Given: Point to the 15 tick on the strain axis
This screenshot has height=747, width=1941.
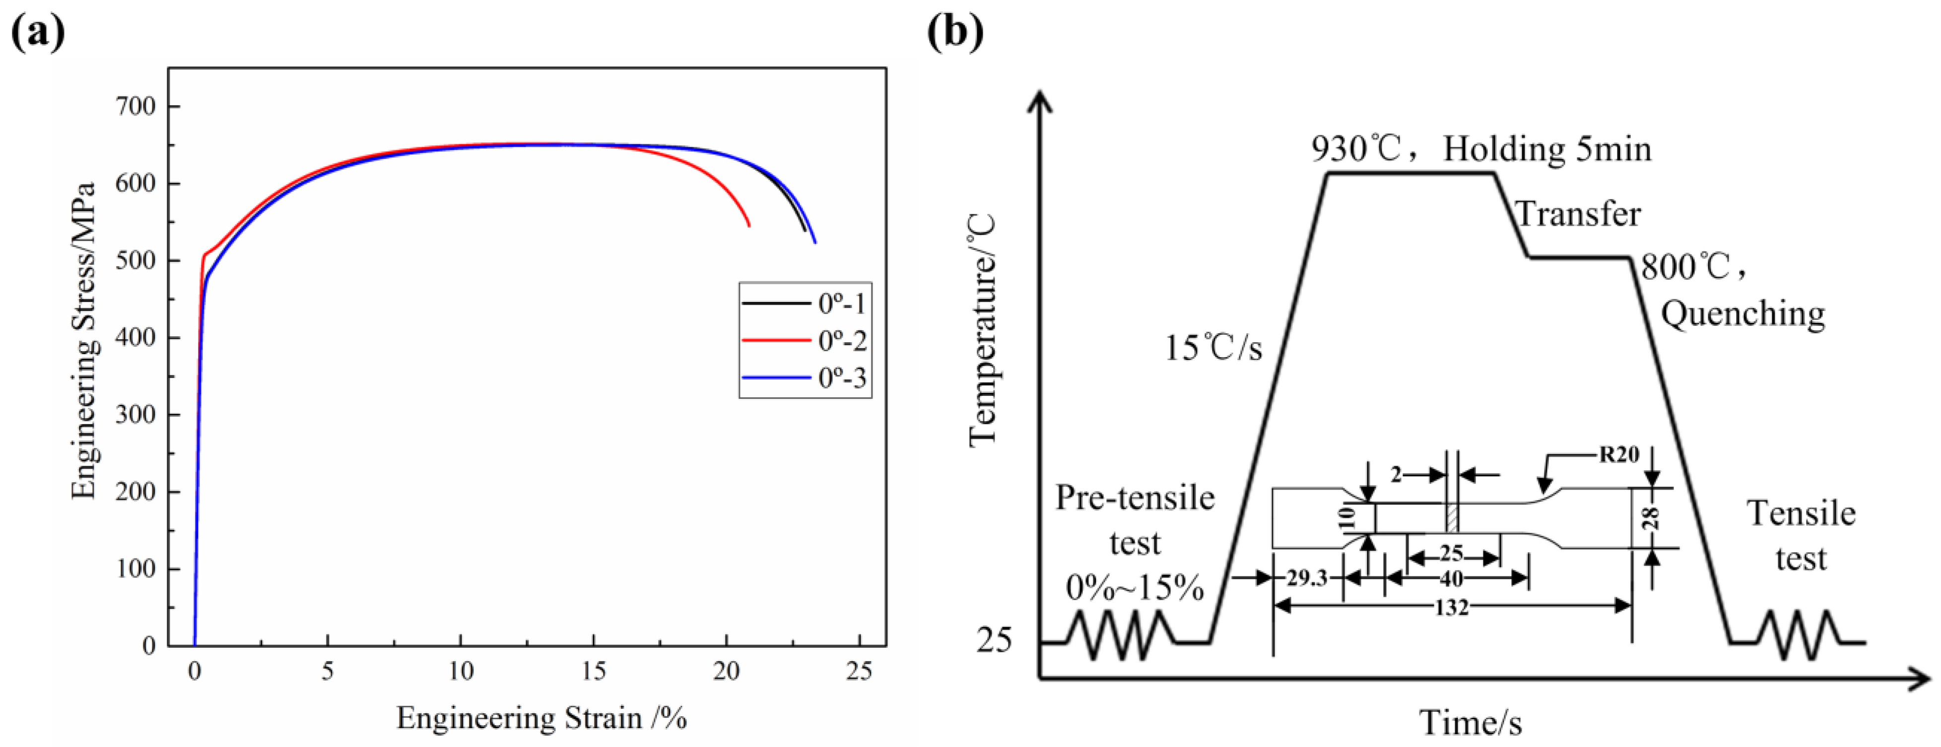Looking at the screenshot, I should [x=593, y=670].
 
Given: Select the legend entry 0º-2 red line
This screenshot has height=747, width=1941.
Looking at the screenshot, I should [x=776, y=340].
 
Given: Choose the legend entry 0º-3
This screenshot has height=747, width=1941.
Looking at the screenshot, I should [x=842, y=378].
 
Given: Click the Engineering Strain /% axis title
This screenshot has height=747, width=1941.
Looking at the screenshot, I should [x=541, y=718].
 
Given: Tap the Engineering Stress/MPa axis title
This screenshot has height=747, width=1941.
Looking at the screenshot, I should [x=84, y=340].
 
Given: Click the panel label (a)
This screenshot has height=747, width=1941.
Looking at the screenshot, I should [x=38, y=32].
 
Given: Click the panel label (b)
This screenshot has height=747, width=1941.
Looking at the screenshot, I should [x=955, y=32].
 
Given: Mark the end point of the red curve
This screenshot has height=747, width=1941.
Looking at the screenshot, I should [x=748, y=225].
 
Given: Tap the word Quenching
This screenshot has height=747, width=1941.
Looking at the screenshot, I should [x=1743, y=313].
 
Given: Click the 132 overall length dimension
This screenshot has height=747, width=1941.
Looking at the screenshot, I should [x=1451, y=607].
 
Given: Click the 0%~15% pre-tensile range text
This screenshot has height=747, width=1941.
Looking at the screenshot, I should [x=1135, y=587].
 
